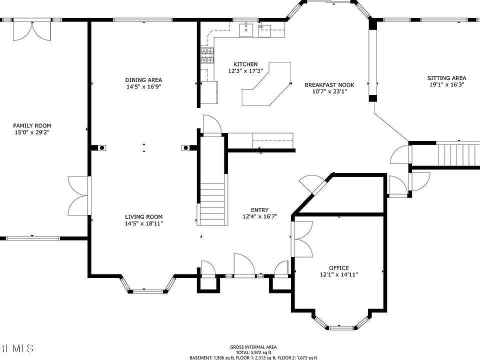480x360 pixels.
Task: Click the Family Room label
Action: click(x=32, y=125)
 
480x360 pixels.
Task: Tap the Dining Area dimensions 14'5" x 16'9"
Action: click(x=143, y=86)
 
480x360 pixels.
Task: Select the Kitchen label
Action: click(x=245, y=64)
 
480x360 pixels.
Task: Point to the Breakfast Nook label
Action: click(x=329, y=85)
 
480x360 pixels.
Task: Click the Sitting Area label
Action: click(x=446, y=78)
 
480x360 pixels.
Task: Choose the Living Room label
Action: click(x=143, y=217)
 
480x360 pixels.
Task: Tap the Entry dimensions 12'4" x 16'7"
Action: click(x=260, y=216)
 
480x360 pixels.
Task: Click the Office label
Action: click(x=339, y=268)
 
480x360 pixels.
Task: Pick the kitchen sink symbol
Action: click(x=246, y=29)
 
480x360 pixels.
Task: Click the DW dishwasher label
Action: click(x=261, y=27)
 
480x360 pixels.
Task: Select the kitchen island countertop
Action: click(x=266, y=84)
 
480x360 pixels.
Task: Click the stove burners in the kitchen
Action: click(x=207, y=55)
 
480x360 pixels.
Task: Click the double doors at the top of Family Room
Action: click(x=32, y=29)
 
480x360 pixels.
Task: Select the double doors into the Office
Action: click(x=302, y=239)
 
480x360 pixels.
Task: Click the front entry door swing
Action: click(x=244, y=265)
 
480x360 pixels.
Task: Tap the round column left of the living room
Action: click(x=102, y=148)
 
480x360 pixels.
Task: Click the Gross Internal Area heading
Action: click(x=253, y=347)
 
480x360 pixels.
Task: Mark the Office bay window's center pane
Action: click(x=339, y=327)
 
